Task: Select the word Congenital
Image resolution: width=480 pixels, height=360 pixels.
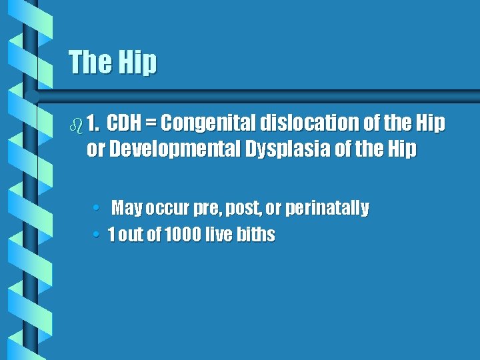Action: [x=208, y=123]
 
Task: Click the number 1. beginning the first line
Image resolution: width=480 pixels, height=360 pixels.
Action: [x=94, y=123]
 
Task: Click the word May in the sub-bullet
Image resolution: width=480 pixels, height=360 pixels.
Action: [x=127, y=209]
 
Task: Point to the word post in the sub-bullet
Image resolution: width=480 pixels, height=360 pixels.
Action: [x=243, y=209]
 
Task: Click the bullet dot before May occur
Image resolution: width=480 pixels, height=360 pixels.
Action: [x=97, y=209]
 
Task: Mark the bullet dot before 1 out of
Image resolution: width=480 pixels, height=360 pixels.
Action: [x=97, y=235]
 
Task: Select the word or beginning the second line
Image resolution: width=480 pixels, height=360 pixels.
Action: [x=95, y=150]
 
